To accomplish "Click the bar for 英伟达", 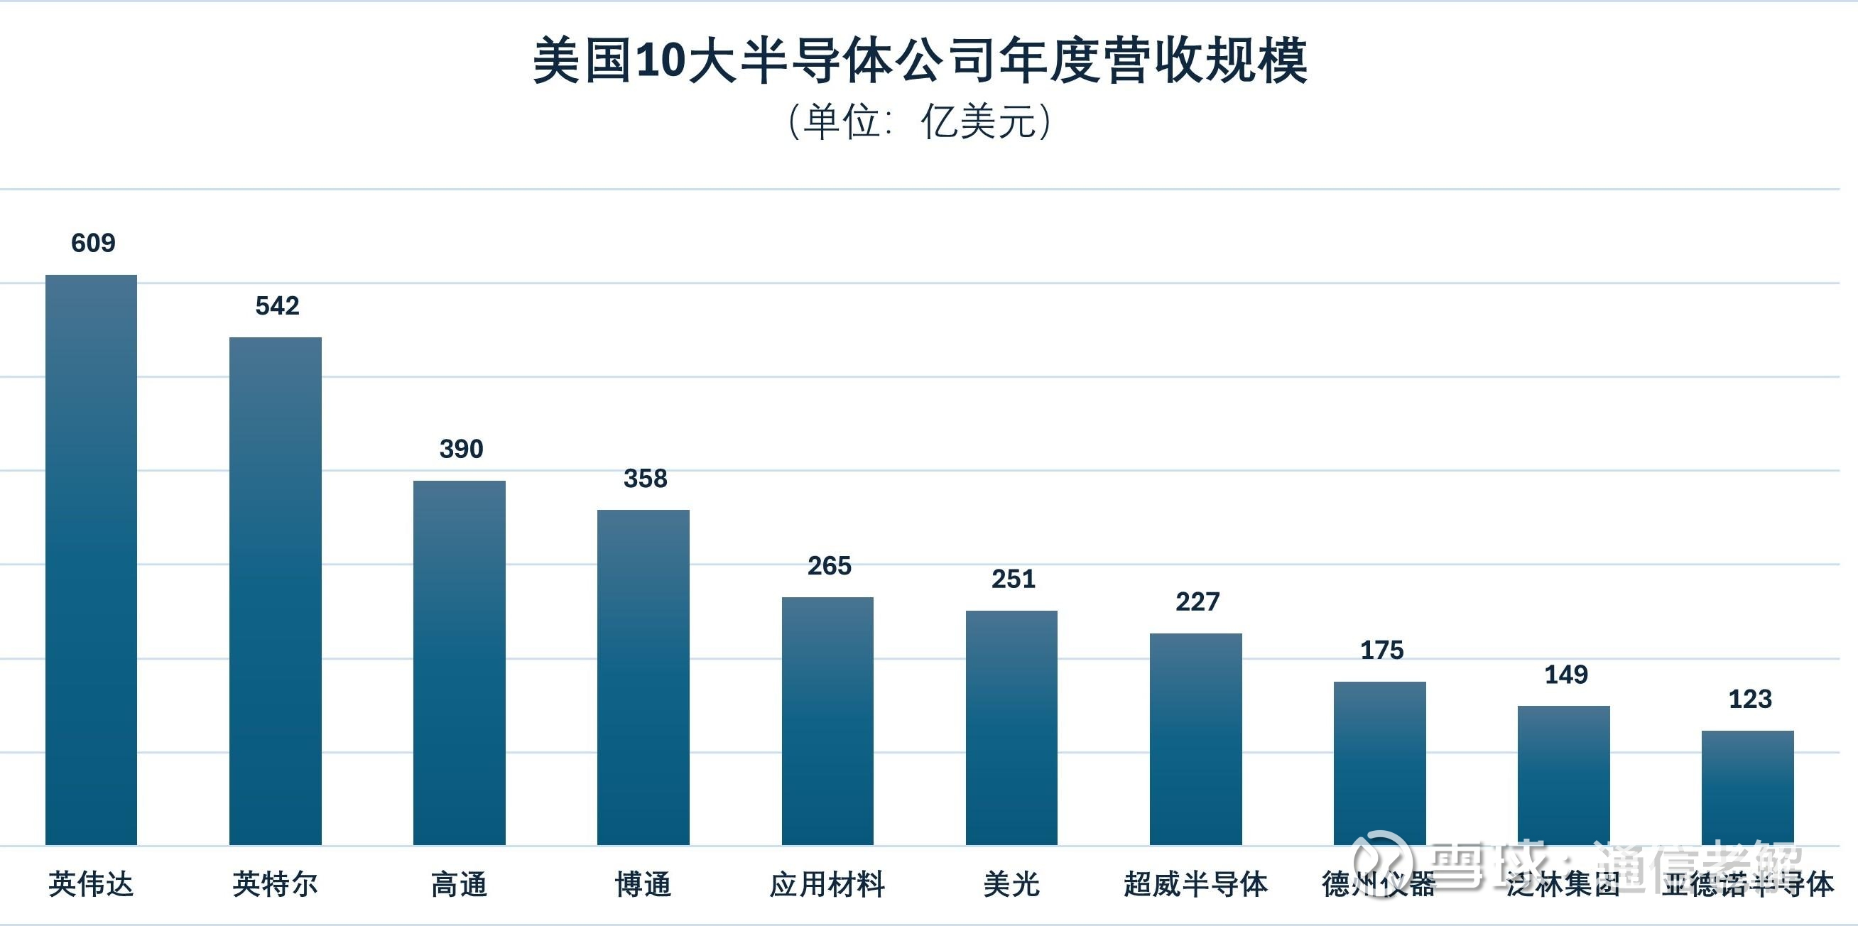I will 91,560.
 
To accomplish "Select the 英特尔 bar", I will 276,591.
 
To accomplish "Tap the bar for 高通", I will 460,663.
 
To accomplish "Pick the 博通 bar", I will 643,677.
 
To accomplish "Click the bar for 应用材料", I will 827,721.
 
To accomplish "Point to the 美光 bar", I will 1011,728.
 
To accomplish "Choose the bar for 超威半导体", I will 1196,739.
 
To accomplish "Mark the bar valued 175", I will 1380,763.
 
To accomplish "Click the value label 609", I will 93,243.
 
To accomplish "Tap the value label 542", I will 277,306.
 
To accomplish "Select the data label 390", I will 462,450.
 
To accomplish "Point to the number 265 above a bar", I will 830,566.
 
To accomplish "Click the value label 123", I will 1750,699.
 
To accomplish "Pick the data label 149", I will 1566,675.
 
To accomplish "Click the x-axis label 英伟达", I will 91,884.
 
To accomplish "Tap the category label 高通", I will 460,884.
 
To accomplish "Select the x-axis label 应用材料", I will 827,884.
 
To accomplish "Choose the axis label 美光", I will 1011,884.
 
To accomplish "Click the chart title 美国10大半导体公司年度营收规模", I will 920,61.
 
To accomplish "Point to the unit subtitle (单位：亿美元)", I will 920,121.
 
